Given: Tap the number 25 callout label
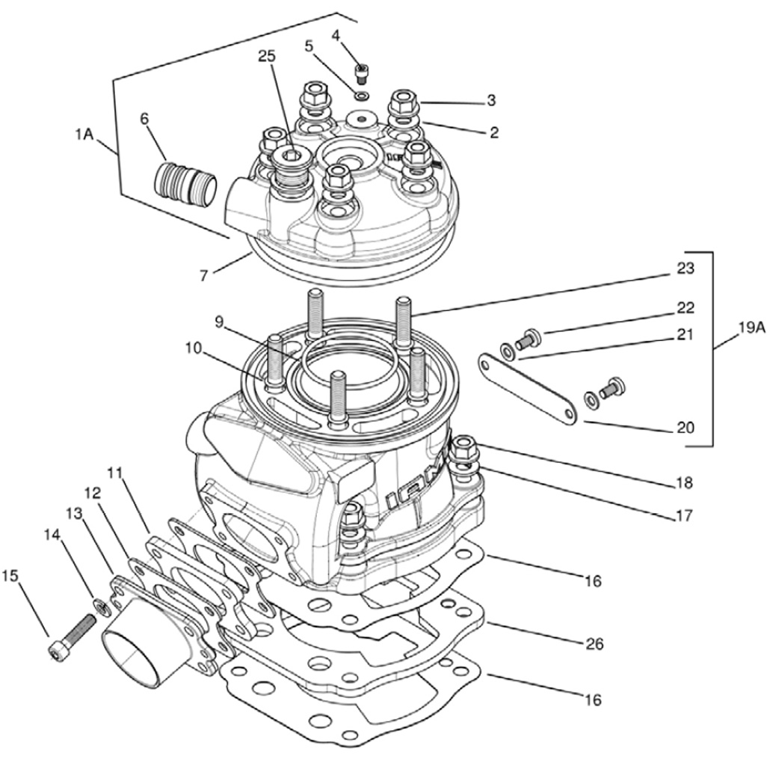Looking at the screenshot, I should click(267, 57).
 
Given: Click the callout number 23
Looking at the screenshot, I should click(686, 269).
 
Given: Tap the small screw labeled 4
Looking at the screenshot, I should click(362, 73).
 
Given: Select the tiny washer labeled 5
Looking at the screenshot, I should click(363, 96).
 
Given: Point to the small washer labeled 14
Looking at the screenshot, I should click(98, 603).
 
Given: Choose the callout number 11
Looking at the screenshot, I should click(114, 472).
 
